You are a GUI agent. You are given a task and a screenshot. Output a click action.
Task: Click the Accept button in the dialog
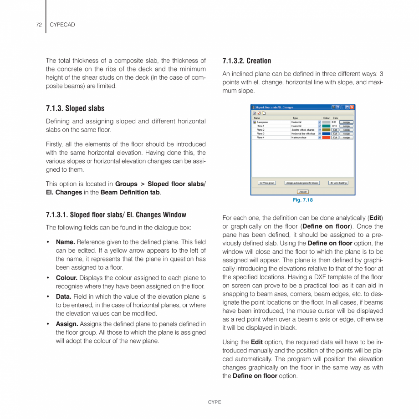(303, 192)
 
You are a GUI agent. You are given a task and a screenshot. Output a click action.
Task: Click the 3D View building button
(338, 183)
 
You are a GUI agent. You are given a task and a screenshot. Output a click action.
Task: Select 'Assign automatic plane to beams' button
(302, 183)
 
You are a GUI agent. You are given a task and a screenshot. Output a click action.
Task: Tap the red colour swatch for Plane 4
(326, 138)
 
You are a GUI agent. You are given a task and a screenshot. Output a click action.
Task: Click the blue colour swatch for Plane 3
(326, 133)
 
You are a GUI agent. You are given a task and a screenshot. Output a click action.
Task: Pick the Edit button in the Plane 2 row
(335, 130)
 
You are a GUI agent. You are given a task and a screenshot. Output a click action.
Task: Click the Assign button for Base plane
(347, 122)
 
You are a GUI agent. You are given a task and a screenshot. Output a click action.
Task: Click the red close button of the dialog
(352, 107)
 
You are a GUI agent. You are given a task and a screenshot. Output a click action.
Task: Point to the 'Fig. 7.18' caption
(302, 200)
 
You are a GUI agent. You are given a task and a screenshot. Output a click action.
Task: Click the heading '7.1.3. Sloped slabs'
(75, 108)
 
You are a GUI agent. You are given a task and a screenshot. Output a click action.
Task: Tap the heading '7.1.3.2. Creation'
(246, 61)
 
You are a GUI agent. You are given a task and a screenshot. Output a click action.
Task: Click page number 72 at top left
(39, 25)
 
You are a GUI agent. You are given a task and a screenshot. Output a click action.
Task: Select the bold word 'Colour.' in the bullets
(67, 278)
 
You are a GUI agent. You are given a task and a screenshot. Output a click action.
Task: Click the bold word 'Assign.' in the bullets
(67, 324)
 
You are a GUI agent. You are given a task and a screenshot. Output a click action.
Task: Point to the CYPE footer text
(215, 402)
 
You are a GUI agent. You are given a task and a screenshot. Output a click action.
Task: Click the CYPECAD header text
(62, 25)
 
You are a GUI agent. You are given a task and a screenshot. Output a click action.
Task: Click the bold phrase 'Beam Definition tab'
(130, 192)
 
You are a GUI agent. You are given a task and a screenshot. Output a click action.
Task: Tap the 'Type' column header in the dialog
(295, 118)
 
